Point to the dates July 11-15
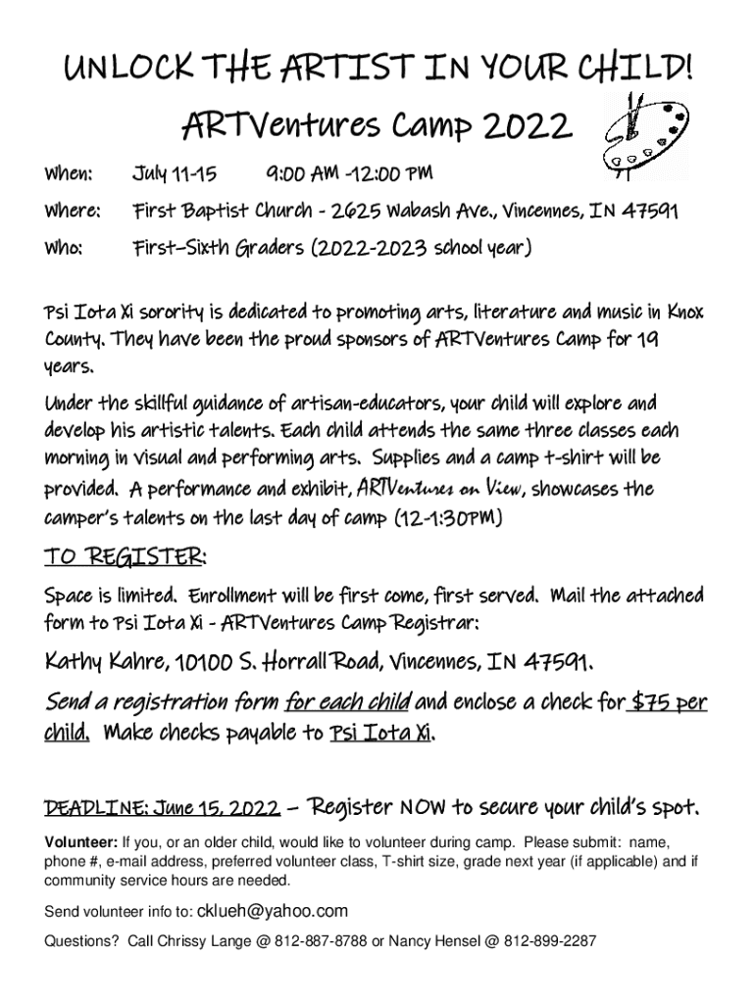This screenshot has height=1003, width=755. [x=174, y=174]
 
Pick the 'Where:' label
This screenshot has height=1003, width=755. [x=73, y=211]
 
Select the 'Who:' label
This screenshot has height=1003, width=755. [x=64, y=248]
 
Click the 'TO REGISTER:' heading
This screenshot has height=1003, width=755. [x=125, y=557]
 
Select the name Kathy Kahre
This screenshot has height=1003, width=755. [x=99, y=665]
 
